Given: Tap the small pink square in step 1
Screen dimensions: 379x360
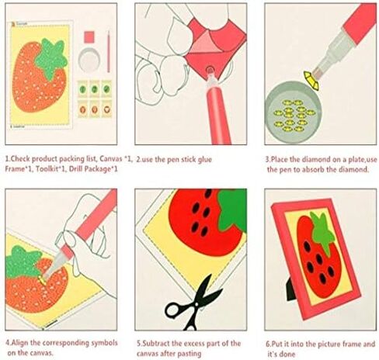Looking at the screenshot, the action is pyautogui.click(x=89, y=37).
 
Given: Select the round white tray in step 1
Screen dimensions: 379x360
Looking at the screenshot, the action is pyautogui.click(x=89, y=60).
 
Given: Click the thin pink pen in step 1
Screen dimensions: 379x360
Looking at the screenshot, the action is pyautogui.click(x=109, y=51).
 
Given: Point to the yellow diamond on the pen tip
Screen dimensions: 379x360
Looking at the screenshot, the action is pyautogui.click(x=311, y=80).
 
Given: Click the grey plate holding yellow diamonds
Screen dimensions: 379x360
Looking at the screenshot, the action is pyautogui.click(x=293, y=112).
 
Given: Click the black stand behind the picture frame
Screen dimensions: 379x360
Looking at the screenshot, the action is pyautogui.click(x=290, y=290).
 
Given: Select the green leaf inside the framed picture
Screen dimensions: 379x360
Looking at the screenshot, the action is pyautogui.click(x=322, y=232).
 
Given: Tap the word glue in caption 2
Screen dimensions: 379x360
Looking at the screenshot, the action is pyautogui.click(x=205, y=159).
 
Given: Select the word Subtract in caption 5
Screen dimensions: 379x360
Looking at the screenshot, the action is pyautogui.click(x=156, y=344).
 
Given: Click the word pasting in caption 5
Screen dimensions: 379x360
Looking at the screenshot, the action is pyautogui.click(x=190, y=354).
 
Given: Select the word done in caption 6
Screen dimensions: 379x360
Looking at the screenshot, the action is pyautogui.click(x=288, y=354).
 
